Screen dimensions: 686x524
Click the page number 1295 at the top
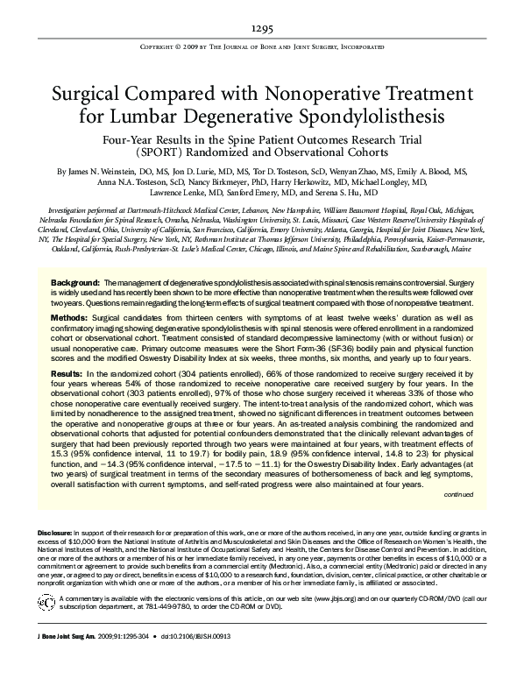[x=262, y=27]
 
